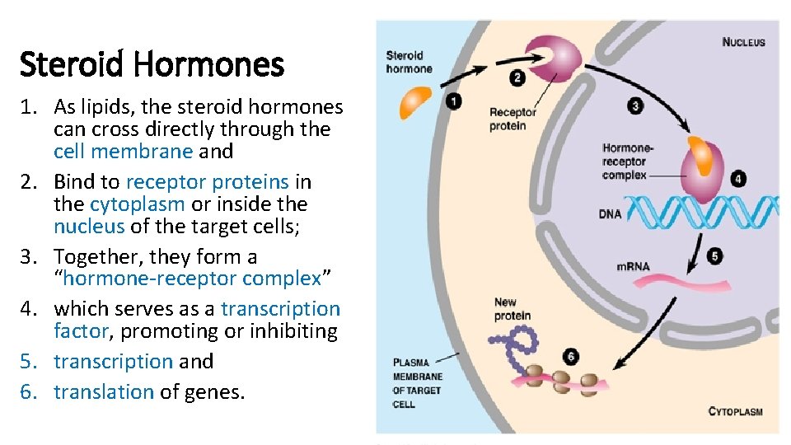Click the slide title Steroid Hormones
152,63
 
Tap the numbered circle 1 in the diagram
453,101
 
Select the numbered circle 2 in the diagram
517,79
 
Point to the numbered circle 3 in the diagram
634,105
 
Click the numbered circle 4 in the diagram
737,178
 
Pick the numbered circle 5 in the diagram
714,256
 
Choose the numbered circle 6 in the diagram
571,356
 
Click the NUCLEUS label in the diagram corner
743,42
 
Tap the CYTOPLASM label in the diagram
735,411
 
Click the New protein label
513,309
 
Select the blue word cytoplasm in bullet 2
137,204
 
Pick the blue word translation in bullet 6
104,391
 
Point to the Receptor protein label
513,119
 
